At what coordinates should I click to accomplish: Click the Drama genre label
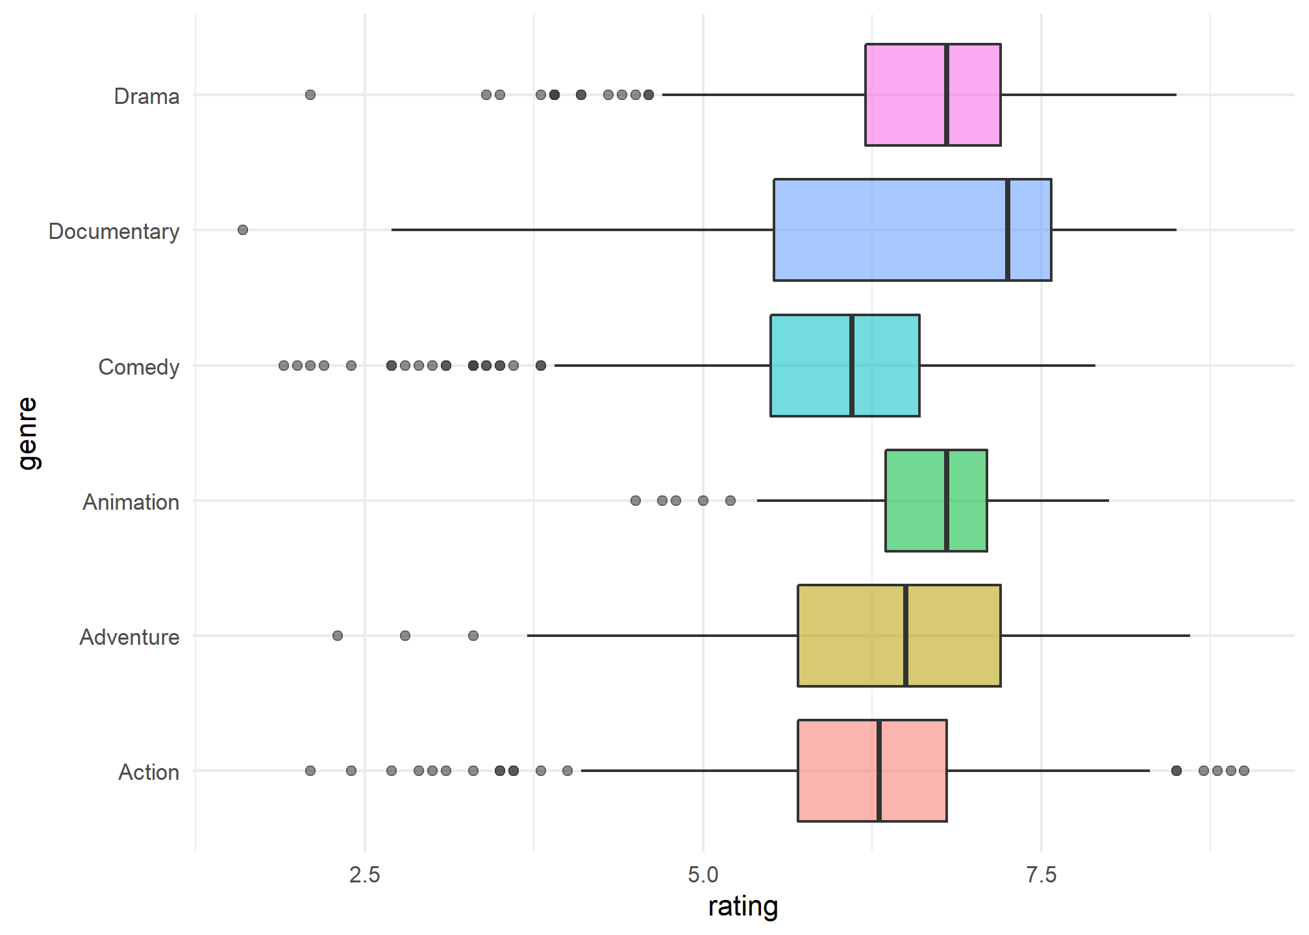[147, 96]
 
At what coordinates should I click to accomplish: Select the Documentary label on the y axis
[114, 231]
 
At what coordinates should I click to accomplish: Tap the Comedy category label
[138, 367]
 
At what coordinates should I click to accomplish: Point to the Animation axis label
[131, 502]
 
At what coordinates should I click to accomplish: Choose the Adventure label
[129, 637]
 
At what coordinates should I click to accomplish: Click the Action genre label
[149, 772]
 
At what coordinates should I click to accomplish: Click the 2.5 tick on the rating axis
[365, 875]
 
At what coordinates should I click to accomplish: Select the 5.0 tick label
[703, 875]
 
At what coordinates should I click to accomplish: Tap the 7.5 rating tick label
[1041, 875]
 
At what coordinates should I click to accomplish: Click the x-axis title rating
[743, 906]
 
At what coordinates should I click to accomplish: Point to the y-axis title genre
[27, 433]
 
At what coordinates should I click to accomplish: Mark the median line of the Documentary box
[1008, 230]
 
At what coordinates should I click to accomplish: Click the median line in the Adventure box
[906, 636]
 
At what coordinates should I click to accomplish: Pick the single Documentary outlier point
[243, 230]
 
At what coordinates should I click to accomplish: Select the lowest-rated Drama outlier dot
[310, 95]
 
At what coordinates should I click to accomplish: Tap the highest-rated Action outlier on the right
[1244, 771]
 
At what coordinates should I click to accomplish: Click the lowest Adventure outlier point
[338, 636]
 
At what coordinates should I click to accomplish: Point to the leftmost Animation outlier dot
[636, 501]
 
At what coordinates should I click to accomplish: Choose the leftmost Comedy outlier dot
[284, 366]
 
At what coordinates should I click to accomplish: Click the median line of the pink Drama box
[947, 95]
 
